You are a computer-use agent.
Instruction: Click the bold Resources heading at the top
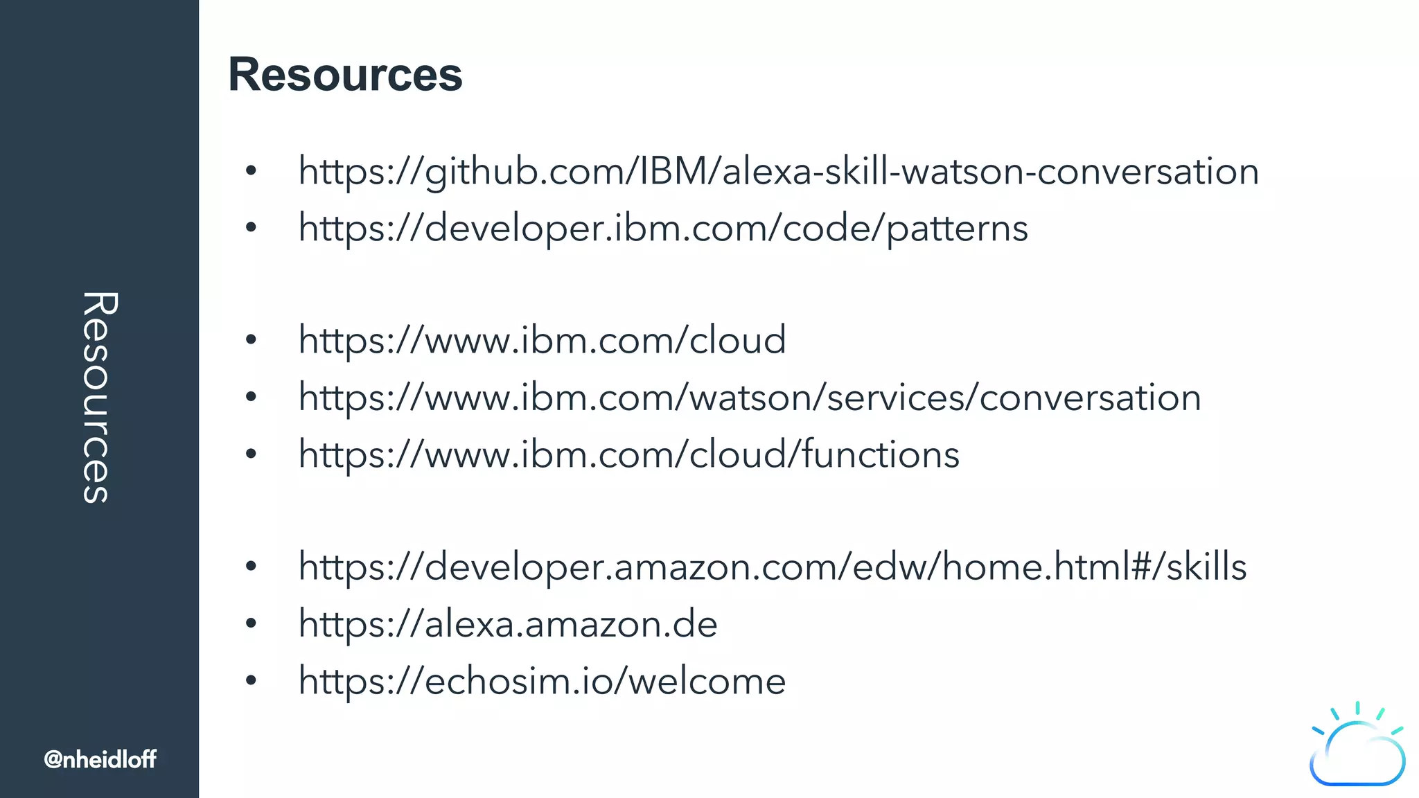[x=345, y=75]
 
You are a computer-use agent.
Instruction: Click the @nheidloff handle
[x=100, y=759]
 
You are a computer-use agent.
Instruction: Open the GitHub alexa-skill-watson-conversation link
[x=778, y=171]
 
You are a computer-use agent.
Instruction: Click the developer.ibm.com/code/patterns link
[x=663, y=228]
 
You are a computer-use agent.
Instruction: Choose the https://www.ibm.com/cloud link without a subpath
[x=542, y=340]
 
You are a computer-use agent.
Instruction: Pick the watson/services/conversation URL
[x=750, y=398]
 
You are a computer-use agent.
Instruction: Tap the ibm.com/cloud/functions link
[x=628, y=454]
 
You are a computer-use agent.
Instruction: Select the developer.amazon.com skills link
[x=772, y=567]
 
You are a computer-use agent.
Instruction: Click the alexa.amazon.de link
[x=508, y=623]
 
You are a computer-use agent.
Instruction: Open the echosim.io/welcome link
[x=542, y=681]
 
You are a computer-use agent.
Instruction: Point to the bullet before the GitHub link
[x=251, y=170]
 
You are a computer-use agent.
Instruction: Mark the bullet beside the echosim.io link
[x=251, y=680]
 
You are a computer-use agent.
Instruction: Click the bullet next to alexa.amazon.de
[x=251, y=623]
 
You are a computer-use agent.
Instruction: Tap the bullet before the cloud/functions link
[x=251, y=454]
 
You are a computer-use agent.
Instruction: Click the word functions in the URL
[x=881, y=454]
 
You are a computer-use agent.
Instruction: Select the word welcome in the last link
[x=707, y=681]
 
